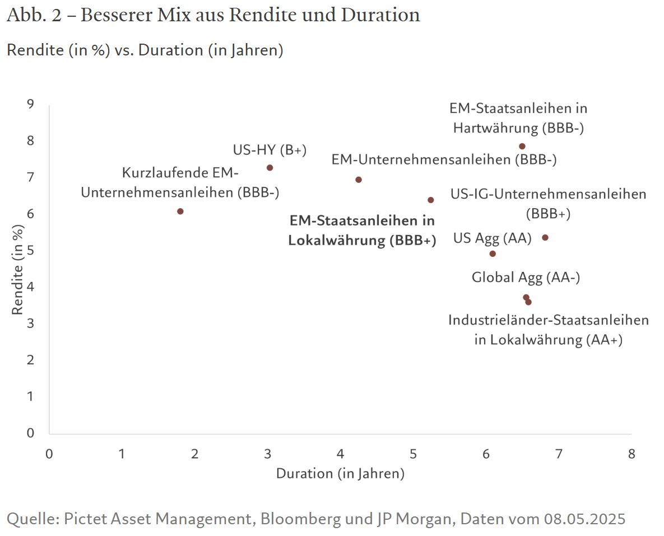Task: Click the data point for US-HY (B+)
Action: (x=270, y=168)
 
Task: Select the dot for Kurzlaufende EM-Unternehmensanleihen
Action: (x=180, y=211)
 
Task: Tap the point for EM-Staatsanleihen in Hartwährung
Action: (x=522, y=147)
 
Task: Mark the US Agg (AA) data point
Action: (x=493, y=254)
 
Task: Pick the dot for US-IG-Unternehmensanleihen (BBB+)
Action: (x=545, y=238)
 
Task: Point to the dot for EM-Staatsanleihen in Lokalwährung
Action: (x=431, y=200)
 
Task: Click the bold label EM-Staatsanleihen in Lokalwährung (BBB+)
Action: (x=362, y=231)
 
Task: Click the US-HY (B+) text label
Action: (x=270, y=150)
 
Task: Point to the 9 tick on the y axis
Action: (x=30, y=104)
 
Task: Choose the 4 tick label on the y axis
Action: (x=30, y=286)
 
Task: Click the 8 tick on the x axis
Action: (x=632, y=453)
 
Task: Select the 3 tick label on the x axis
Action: (x=268, y=453)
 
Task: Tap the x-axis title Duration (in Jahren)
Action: (x=340, y=474)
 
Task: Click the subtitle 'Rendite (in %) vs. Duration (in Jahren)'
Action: (x=145, y=50)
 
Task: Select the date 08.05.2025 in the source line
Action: (x=584, y=519)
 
